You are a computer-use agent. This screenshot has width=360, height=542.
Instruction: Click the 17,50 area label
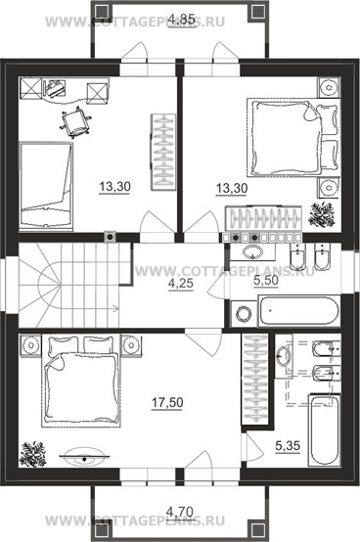pyautogui.click(x=167, y=403)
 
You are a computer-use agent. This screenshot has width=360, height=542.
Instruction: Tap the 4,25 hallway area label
pyautogui.click(x=181, y=284)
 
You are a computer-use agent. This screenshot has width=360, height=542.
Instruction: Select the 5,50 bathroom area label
pyautogui.click(x=266, y=281)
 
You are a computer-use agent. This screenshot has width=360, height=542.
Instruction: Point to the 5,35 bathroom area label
pyautogui.click(x=288, y=446)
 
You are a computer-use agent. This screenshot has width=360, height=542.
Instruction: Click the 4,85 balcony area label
pyautogui.click(x=182, y=19)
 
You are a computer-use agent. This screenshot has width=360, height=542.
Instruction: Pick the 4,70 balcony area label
pyautogui.click(x=180, y=511)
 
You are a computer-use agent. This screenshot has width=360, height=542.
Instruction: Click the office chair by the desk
pyautogui.click(x=76, y=122)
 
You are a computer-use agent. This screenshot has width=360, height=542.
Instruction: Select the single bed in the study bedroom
pyautogui.click(x=46, y=186)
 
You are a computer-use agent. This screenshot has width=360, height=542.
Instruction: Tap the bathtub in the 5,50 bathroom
pyautogui.click(x=298, y=310)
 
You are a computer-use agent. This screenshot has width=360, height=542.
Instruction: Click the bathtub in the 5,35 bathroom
pyautogui.click(x=324, y=430)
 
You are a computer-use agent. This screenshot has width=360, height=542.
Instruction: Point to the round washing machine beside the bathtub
pyautogui.click(x=244, y=313)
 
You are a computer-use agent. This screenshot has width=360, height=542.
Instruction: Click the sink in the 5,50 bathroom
pyautogui.click(x=253, y=252)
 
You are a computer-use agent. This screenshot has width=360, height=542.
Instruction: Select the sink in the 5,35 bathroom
pyautogui.click(x=284, y=355)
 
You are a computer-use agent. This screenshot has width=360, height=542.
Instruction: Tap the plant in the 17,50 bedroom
pyautogui.click(x=33, y=454)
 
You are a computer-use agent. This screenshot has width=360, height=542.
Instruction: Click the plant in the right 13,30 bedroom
pyautogui.click(x=322, y=215)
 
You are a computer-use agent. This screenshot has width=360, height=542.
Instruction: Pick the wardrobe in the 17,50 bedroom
pyautogui.click(x=255, y=380)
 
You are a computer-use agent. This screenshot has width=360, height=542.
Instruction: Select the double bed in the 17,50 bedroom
pyautogui.click(x=81, y=381)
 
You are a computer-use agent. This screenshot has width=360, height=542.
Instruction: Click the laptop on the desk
pyautogui.click(x=54, y=88)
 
